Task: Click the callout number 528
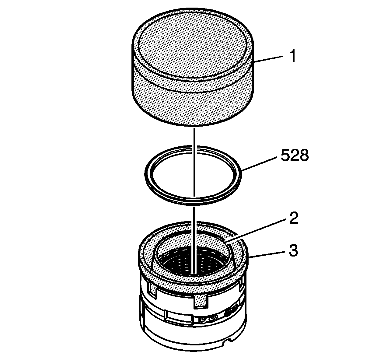tap(295, 156)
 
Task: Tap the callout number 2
tap(294, 218)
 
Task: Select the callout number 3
tap(294, 250)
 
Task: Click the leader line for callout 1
tap(268, 59)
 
